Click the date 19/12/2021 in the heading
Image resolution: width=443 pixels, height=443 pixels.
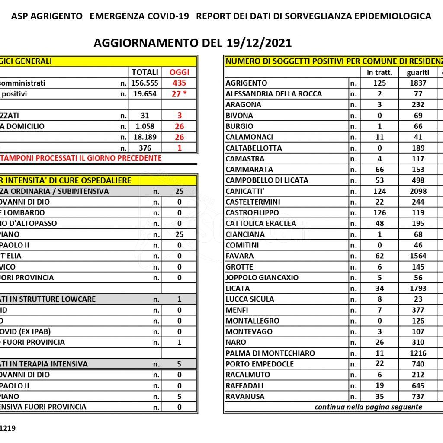pos(258,43)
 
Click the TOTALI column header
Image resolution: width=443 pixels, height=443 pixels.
pos(144,72)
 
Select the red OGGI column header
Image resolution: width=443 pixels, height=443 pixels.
pos(179,72)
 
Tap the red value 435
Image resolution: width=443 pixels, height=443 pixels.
pos(179,83)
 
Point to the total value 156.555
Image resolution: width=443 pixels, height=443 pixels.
pos(144,83)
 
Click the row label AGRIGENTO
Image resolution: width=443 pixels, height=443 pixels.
pos(247,83)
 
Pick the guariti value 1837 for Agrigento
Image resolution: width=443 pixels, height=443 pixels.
pos(418,83)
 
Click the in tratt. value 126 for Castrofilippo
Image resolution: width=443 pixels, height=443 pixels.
pos(379,213)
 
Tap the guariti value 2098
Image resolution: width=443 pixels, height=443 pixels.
pos(418,191)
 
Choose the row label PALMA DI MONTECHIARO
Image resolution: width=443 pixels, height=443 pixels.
pos(270,353)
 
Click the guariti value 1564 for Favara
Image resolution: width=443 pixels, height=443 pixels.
pos(418,256)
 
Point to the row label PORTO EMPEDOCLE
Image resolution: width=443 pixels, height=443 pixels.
pos(260,364)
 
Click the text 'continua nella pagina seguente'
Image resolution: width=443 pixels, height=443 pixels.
pos(368,407)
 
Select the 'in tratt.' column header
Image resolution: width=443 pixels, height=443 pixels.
pos(379,72)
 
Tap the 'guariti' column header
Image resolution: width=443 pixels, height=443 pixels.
pos(418,72)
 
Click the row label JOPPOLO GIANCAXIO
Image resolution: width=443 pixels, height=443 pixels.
pos(262,278)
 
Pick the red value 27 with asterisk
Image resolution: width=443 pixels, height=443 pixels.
pos(179,94)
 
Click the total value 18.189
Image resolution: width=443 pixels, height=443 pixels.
pos(144,137)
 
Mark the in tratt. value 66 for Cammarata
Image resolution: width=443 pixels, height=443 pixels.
pos(379,170)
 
